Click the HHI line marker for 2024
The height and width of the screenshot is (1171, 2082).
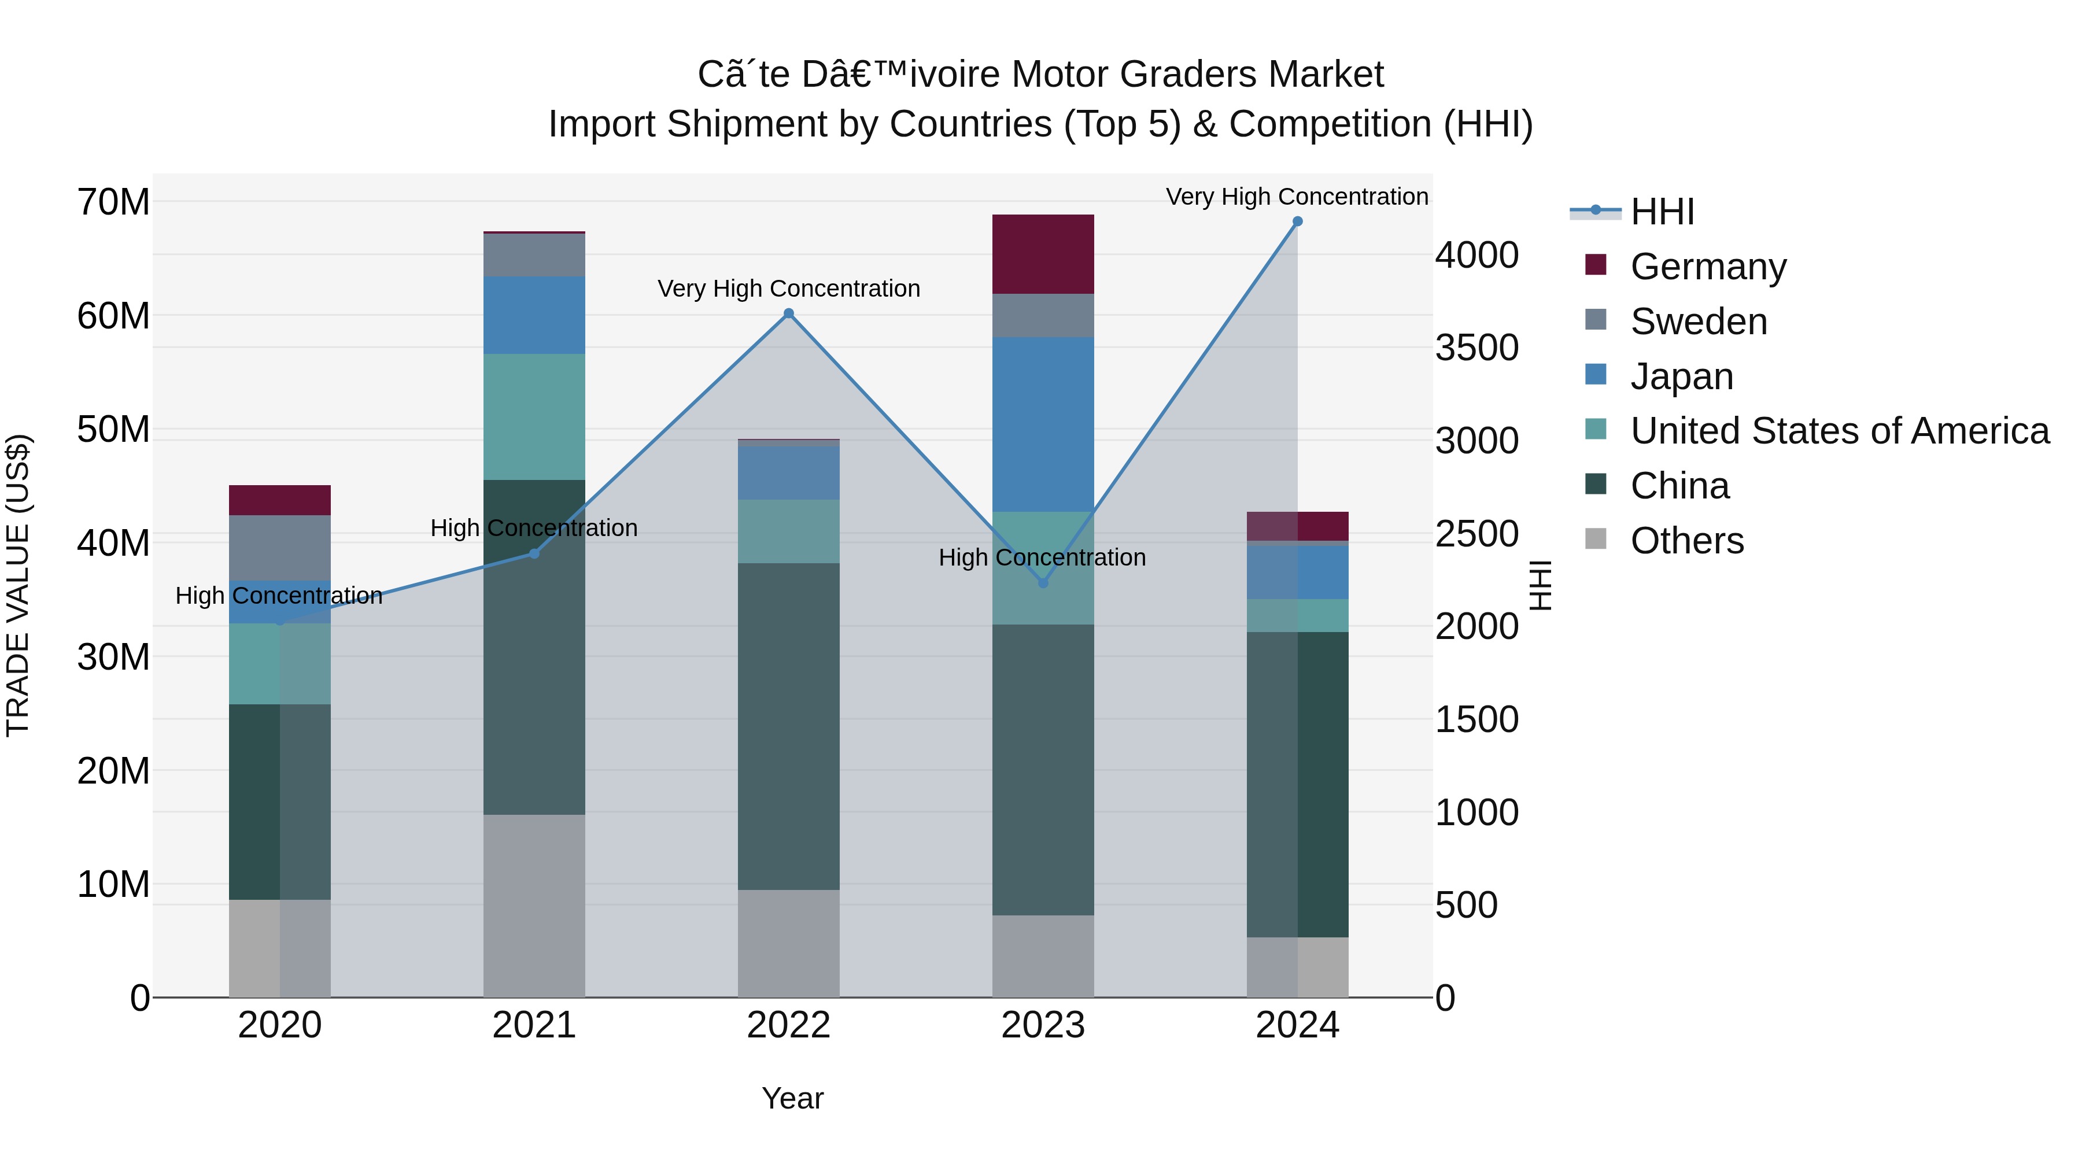tap(1297, 221)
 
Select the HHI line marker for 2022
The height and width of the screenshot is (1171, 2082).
tap(789, 313)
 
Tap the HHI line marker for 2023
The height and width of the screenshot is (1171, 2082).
tap(1043, 583)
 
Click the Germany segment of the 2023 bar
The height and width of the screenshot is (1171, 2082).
tap(1043, 254)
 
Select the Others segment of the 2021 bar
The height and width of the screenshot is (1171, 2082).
tap(533, 905)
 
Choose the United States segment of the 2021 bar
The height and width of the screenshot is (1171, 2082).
tap(533, 416)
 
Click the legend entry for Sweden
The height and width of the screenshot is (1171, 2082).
tap(1698, 322)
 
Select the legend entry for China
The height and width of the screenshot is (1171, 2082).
tap(1679, 486)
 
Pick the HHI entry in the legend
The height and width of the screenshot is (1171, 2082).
tap(1662, 212)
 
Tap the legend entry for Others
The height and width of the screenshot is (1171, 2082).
tap(1687, 541)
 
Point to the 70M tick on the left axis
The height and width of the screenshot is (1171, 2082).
tap(113, 202)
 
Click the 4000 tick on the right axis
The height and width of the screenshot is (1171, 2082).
tap(1476, 256)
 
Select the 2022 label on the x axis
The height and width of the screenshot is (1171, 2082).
tap(789, 1025)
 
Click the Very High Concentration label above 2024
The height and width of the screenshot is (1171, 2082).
tap(1297, 197)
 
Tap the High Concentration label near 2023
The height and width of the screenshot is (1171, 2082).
tap(1042, 557)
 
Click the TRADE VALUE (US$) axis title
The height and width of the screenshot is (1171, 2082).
tap(18, 585)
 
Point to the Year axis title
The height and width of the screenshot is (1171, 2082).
tap(792, 1098)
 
